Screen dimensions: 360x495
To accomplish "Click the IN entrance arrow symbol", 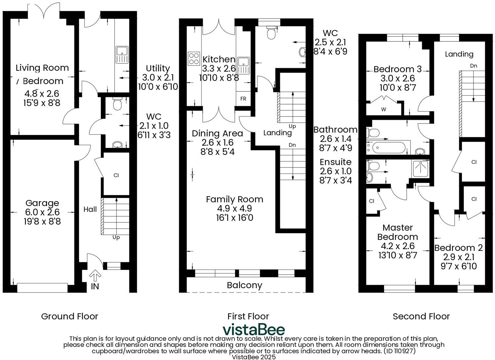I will [95, 275].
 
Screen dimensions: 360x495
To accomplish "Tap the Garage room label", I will [42, 203].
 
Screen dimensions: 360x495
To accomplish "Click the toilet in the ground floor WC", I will [117, 105].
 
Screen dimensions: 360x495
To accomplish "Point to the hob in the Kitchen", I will [194, 59].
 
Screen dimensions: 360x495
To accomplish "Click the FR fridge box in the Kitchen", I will [243, 99].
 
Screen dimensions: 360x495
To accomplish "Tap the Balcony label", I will [245, 285].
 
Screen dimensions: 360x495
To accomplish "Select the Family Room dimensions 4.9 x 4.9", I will [234, 208].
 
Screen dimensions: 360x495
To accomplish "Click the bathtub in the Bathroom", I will [389, 147].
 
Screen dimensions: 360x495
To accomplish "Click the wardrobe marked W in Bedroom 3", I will [383, 109].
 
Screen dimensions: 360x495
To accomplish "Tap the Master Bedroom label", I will [397, 232].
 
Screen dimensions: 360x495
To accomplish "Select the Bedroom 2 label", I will [458, 248].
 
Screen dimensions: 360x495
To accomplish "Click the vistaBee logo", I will [253, 330].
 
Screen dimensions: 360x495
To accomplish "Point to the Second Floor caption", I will [421, 316].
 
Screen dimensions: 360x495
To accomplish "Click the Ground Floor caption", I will [69, 316].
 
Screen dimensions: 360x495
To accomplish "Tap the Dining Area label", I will [217, 133].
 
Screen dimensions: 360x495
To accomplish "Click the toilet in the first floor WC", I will [272, 32].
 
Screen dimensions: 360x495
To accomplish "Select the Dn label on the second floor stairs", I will [473, 66].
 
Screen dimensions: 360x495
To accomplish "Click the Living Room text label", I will [42, 68].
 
